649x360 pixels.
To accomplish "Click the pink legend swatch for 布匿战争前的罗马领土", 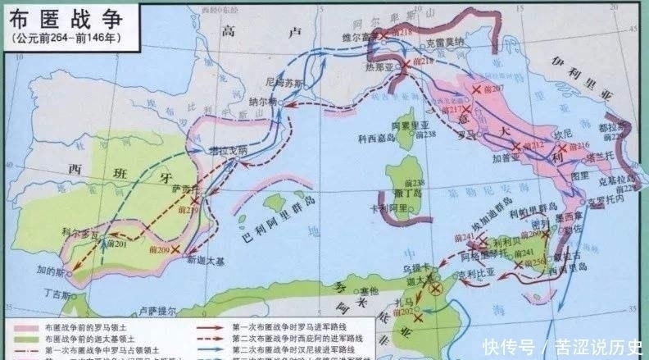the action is point(29,326).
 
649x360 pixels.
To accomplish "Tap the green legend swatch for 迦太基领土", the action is point(29,338).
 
